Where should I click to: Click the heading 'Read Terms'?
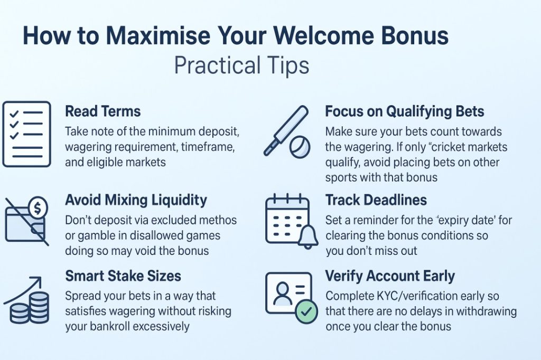click(103, 111)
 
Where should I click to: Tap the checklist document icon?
click(26, 134)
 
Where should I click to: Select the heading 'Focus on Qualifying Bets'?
click(404, 112)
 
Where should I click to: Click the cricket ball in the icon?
click(300, 147)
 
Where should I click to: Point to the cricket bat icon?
click(286, 130)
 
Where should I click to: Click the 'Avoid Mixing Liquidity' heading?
click(136, 201)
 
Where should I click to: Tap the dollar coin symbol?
click(38, 207)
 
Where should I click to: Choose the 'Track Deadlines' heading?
click(376, 201)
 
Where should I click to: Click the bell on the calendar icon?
click(307, 236)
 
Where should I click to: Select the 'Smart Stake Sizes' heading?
click(123, 276)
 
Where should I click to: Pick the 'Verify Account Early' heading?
click(390, 276)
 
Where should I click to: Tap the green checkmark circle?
click(306, 312)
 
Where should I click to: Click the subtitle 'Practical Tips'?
click(241, 65)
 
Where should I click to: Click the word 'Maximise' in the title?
click(158, 35)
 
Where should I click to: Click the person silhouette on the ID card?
click(282, 293)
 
